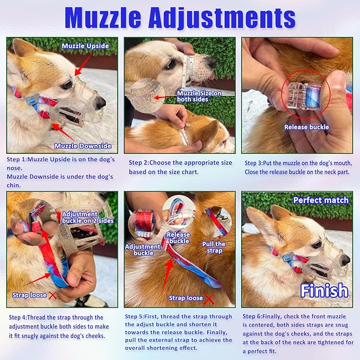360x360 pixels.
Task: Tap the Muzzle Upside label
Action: [x=85, y=46]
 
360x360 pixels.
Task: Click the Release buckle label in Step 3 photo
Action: [x=306, y=127]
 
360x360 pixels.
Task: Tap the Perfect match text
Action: [x=321, y=200]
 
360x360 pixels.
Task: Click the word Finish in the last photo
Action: [x=324, y=290]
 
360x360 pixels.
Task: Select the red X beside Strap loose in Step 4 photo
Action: [x=52, y=295]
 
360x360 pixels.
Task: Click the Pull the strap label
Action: [x=214, y=248]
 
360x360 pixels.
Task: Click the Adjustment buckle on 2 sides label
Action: [x=81, y=217]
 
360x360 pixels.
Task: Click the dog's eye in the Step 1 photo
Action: [x=66, y=85]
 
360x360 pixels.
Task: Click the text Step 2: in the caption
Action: [x=139, y=163]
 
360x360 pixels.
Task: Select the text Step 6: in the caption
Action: [x=255, y=317]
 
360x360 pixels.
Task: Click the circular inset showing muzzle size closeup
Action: [x=147, y=96]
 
